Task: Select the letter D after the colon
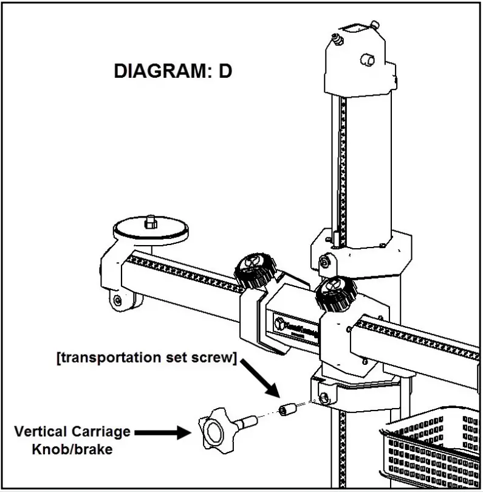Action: (225, 71)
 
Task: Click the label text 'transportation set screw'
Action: (146, 358)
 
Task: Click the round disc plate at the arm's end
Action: (151, 230)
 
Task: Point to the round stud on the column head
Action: (367, 60)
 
